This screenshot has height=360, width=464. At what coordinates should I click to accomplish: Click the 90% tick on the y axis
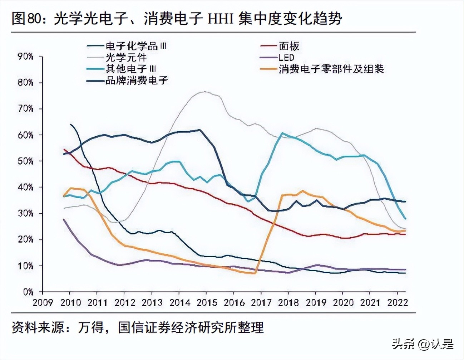[25, 57]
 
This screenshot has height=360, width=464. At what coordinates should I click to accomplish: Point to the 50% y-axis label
[25, 161]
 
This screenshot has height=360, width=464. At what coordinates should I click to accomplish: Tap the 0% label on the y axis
[28, 292]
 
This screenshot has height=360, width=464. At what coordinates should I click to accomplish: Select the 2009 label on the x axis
[43, 303]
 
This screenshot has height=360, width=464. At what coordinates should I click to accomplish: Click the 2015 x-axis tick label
[206, 303]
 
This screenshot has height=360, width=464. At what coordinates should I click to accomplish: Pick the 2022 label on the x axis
[398, 303]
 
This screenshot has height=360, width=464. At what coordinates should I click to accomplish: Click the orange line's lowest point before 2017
[254, 273]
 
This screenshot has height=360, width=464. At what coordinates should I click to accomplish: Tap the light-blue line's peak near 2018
[282, 133]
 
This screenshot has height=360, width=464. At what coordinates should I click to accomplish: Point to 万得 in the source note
[91, 327]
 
